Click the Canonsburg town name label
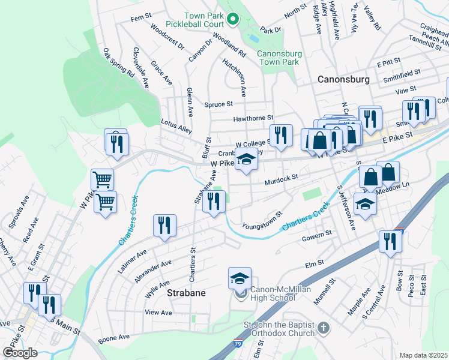click(346, 79)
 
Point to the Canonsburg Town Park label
click(278, 58)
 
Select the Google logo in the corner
click(19, 352)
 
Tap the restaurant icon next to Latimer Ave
click(164, 226)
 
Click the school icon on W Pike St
click(245, 160)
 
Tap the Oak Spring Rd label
click(118, 62)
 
